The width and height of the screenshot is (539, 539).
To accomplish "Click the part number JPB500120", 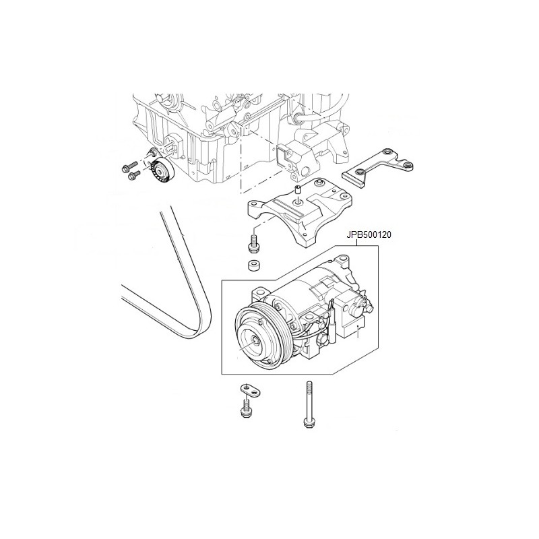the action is coord(368,235).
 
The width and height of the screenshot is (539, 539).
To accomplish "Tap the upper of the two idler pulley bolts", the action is coord(129,166).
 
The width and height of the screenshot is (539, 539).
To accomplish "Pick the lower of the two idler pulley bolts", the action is coord(134,175).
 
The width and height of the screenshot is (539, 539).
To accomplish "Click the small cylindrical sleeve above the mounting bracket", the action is coord(298,189).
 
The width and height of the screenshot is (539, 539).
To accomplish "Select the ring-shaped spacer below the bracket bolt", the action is coord(255,265).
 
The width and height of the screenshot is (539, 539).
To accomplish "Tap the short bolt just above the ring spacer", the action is coord(254,243).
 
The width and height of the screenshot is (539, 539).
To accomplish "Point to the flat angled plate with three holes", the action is coord(377,168).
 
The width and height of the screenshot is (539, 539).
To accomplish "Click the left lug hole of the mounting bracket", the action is coord(254,204).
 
